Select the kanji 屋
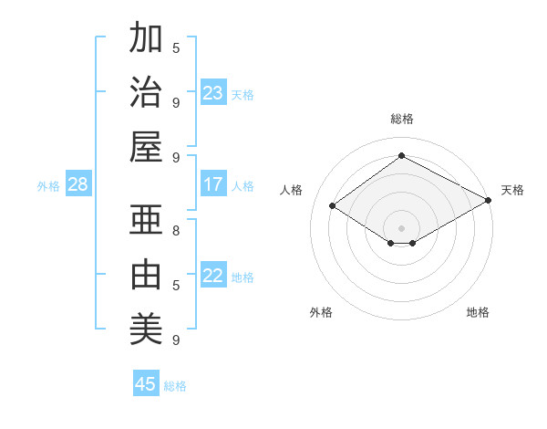point(146,146)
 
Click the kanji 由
point(146,274)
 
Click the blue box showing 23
point(213,93)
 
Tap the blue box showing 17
point(213,184)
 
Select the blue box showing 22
point(213,276)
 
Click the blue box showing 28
point(78,184)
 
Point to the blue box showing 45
point(146,384)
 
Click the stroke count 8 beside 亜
point(176,230)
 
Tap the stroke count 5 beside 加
point(176,47)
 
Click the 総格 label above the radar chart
point(401,119)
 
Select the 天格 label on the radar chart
point(512,190)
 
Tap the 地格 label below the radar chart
point(478,312)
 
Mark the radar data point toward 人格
point(333,206)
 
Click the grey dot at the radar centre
point(401,226)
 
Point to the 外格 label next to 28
point(48,185)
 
